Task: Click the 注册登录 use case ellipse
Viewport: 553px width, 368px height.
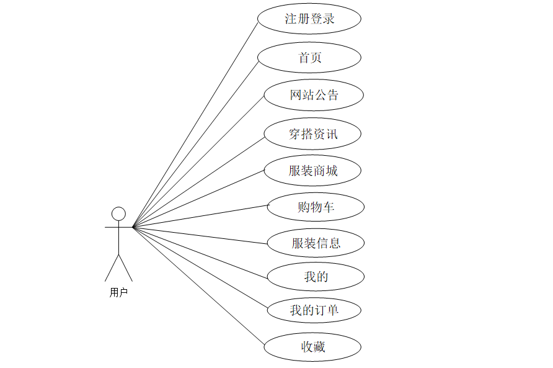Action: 309,19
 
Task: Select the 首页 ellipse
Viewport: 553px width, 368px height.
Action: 309,58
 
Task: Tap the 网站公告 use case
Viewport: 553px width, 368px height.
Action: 313,95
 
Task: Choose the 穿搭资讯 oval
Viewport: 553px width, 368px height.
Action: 313,133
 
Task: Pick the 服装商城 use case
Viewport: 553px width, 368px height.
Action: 312,171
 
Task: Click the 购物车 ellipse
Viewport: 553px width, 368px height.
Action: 316,207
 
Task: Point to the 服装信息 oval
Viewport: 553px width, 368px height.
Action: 316,243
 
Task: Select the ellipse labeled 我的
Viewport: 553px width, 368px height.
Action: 316,277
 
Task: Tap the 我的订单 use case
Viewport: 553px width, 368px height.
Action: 314,310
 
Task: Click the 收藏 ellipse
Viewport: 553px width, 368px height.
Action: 312,347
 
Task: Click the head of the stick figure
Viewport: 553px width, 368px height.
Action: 118,214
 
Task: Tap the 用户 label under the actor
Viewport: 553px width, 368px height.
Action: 118,292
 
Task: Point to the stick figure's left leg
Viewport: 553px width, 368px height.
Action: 112,267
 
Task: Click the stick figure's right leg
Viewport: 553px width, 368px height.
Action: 126,267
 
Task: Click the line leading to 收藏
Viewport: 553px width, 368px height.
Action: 198,287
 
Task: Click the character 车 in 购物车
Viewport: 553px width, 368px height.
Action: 329,207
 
